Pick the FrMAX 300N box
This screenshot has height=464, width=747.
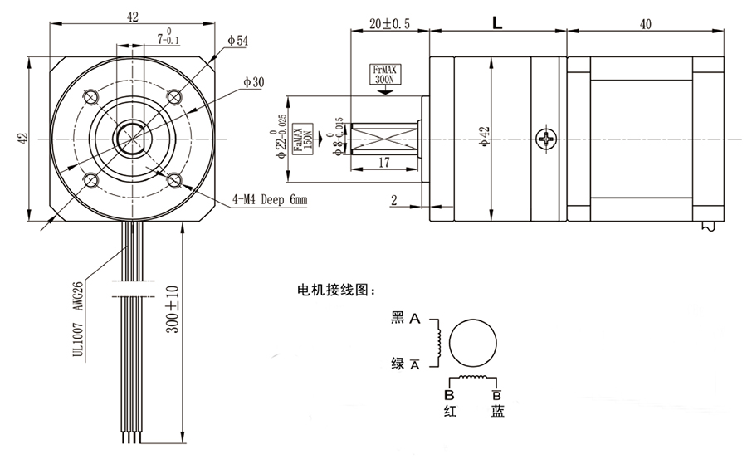coord(384,76)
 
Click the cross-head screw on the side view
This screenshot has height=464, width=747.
coord(545,138)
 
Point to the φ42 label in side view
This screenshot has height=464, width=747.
coord(485,138)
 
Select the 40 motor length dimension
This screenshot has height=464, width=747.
coord(645,24)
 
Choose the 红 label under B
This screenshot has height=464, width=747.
coord(449,410)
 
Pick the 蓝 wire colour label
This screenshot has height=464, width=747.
coord(497,410)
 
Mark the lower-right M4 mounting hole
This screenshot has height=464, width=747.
coord(173,179)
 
